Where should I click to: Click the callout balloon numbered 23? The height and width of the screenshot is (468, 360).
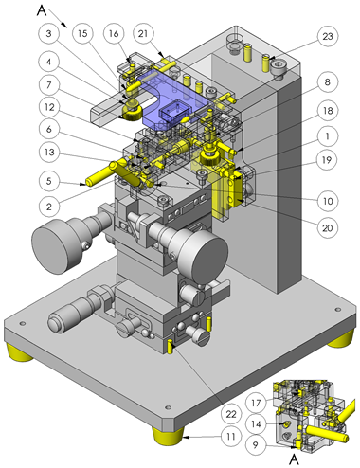tap(328, 36)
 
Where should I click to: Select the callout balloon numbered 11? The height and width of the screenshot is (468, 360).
tap(231, 437)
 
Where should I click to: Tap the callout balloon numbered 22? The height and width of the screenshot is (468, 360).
tap(231, 414)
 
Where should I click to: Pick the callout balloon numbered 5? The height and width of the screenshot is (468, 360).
tap(48, 181)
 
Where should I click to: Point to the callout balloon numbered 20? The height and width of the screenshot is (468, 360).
tap(327, 227)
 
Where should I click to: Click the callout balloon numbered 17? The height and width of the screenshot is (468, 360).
tap(256, 403)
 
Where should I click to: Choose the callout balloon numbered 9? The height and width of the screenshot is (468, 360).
tap(256, 444)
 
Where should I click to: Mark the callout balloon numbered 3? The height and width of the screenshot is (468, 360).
tap(48, 33)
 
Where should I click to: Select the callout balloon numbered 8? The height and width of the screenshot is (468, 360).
tap(327, 82)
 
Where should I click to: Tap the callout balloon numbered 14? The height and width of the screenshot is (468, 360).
tap(256, 423)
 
